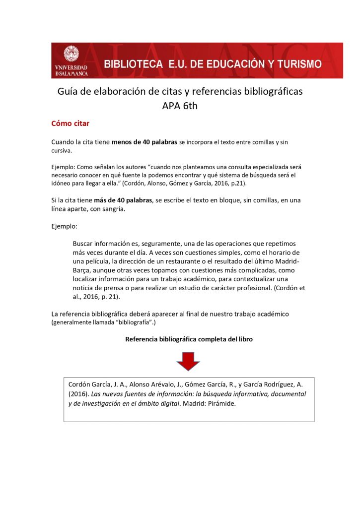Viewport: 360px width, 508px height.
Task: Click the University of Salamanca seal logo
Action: [71, 54]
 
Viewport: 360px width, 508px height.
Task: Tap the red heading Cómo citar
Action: [70, 123]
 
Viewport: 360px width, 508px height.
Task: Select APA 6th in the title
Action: [180, 106]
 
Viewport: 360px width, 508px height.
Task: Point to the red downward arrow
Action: [188, 361]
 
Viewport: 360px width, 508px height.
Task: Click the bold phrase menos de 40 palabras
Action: [144, 142]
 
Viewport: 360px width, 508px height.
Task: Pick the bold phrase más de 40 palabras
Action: [123, 200]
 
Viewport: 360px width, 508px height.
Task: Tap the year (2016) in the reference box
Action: [78, 394]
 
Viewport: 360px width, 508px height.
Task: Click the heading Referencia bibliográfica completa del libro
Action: [189, 339]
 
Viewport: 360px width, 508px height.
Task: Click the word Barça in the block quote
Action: [84, 270]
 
